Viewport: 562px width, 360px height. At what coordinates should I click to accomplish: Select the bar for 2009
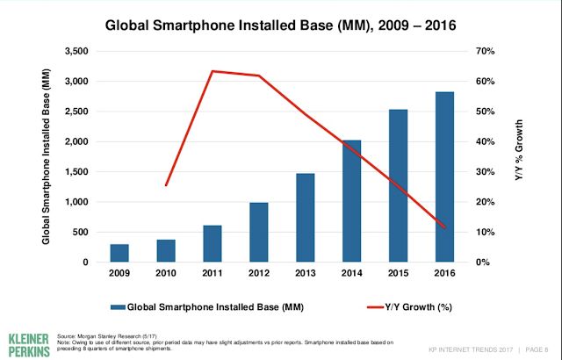click(119, 253)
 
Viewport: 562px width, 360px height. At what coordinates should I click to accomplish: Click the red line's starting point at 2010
click(166, 185)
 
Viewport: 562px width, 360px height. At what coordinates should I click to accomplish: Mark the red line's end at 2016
click(445, 227)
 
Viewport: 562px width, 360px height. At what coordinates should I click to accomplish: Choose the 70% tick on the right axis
click(486, 52)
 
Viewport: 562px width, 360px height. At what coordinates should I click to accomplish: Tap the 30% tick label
click(486, 172)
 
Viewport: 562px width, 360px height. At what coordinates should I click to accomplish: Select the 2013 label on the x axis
click(306, 275)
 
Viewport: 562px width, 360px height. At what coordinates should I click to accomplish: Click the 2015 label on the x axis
click(399, 275)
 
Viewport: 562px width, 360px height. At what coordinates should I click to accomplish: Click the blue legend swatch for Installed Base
click(118, 306)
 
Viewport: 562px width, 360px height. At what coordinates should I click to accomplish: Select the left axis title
click(47, 156)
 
